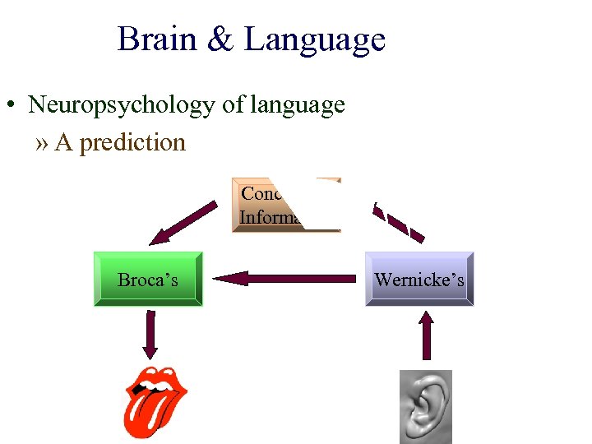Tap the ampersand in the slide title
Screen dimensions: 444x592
tap(220, 39)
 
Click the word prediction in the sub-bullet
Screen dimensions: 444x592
tap(132, 142)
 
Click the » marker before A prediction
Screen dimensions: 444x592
tap(42, 143)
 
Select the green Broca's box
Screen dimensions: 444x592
tap(148, 280)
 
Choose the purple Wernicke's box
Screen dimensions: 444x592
tap(419, 280)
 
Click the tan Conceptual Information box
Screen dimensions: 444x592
tap(285, 204)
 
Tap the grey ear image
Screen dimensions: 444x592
tap(426, 407)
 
